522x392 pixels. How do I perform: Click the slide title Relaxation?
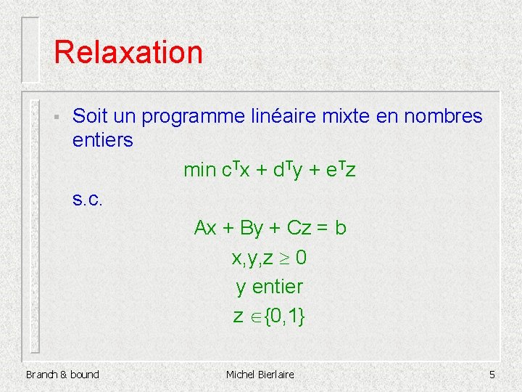(128, 52)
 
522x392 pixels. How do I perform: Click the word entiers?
(103, 140)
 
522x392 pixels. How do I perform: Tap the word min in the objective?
(199, 171)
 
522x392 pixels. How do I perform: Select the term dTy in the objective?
(288, 171)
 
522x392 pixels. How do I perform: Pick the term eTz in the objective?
(341, 171)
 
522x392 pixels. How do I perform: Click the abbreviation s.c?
(90, 200)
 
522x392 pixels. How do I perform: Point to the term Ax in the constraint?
(205, 228)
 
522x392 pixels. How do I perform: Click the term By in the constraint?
(251, 228)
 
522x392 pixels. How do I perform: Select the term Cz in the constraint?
(299, 228)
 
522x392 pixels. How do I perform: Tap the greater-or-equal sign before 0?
(286, 258)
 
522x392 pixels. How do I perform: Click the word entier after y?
(278, 287)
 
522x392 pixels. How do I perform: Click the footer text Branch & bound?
(62, 375)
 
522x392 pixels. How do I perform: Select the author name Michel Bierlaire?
(260, 375)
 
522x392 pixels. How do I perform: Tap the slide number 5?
(492, 375)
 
